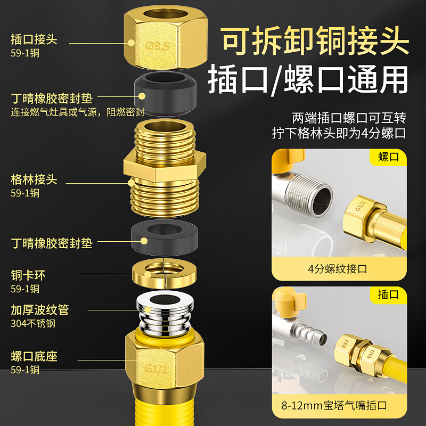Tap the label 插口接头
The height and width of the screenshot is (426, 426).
click(x=34, y=39)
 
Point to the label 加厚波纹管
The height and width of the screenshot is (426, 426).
click(x=40, y=309)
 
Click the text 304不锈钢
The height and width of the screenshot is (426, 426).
click(x=33, y=323)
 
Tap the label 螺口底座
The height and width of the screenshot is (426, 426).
click(x=34, y=356)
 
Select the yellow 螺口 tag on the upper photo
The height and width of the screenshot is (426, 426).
click(x=388, y=158)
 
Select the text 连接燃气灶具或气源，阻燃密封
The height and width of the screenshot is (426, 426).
click(x=78, y=112)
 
